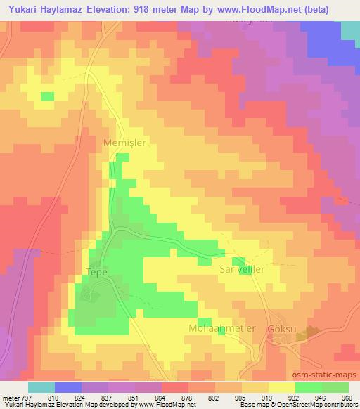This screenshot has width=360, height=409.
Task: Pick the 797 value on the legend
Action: tap(25, 398)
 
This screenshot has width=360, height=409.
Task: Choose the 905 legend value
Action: tap(239, 398)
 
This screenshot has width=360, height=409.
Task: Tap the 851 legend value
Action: tap(131, 398)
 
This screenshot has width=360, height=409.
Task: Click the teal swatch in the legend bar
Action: tap(41, 387)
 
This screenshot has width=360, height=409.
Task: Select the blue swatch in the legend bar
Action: tap(68, 387)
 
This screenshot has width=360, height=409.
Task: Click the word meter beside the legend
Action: tap(9, 398)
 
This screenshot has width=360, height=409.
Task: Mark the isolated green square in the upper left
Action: tap(47, 96)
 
